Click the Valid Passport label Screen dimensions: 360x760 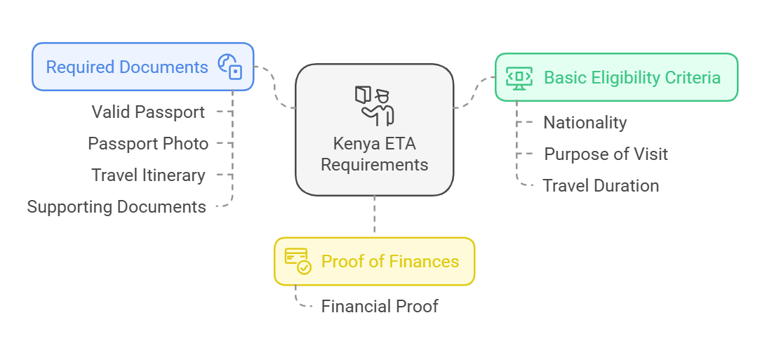pos(148,112)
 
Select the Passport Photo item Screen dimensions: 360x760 pos(148,143)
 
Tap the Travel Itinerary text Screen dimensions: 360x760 pos(148,175)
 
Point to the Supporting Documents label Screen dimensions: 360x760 pos(116,206)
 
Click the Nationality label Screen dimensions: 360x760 pos(585,122)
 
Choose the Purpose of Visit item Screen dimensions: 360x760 pos(606,154)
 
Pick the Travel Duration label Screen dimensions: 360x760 pos(601,185)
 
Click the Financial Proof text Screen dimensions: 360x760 pos(380,306)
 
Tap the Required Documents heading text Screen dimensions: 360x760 pos(127,67)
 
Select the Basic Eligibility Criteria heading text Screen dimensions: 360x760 pos(632,77)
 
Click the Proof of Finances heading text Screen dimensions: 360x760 pos(390,262)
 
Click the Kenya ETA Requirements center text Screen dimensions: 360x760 pos(374,154)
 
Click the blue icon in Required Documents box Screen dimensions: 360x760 pos(229,67)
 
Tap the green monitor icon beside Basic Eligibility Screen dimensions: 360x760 pos(519,77)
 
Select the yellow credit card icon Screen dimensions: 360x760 pos(298,261)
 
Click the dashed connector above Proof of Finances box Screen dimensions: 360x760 pos(374,216)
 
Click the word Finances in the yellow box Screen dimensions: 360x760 pos(425,262)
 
